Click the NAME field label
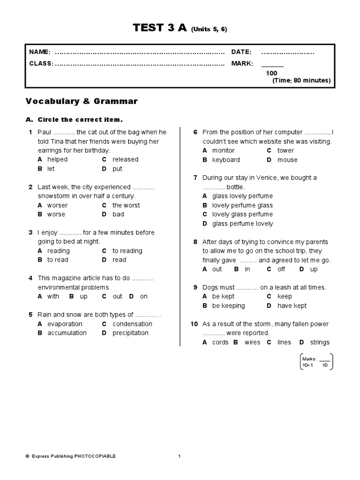click(40, 52)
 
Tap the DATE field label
click(241, 52)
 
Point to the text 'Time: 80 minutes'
click(301, 81)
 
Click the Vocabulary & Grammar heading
click(82, 101)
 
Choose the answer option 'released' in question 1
click(125, 159)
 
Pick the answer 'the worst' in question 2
click(126, 205)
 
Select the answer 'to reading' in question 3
click(127, 251)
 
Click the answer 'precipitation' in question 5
click(130, 333)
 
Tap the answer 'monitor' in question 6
click(223, 150)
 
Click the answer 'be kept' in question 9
click(223, 296)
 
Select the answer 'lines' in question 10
click(284, 342)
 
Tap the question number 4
click(30, 278)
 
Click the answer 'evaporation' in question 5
click(65, 324)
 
